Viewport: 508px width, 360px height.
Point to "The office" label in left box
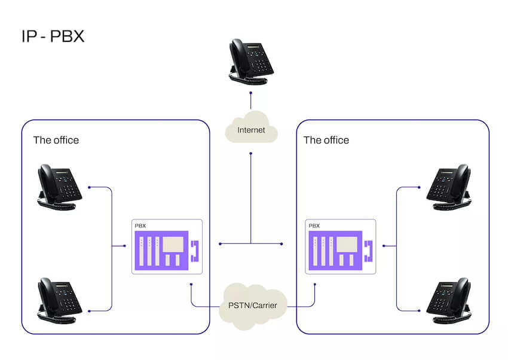pos(56,141)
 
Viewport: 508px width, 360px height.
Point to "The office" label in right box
pos(326,141)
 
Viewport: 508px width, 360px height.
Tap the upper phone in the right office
pos(449,186)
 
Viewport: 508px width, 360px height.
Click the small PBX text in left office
pos(140,226)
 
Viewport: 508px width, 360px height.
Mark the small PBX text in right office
pos(314,226)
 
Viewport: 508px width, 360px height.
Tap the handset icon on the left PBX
pos(194,251)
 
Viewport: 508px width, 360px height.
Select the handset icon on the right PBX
pos(368,251)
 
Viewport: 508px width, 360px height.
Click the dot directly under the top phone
pos(251,93)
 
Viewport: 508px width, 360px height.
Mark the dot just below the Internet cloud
pos(251,154)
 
